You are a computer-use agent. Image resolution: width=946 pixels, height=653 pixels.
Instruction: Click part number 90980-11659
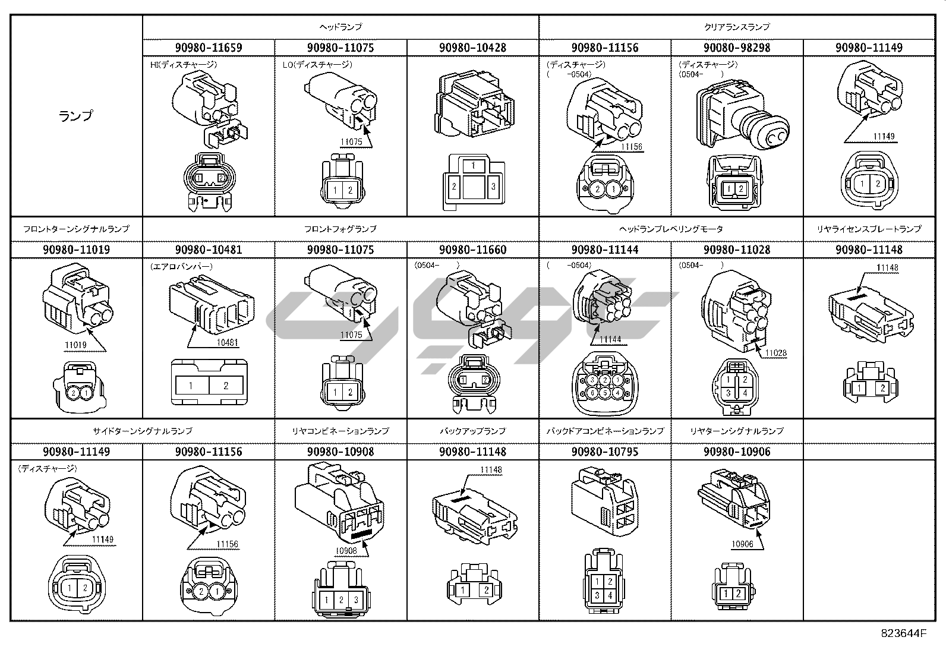208,48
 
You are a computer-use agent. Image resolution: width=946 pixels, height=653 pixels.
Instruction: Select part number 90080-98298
737,48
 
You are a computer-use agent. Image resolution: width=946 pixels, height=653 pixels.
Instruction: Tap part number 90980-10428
472,48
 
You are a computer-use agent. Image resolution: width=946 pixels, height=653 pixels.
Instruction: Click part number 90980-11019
76,250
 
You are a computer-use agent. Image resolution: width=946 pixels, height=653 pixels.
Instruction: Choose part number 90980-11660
472,250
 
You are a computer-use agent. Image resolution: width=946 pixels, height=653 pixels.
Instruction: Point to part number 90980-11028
737,250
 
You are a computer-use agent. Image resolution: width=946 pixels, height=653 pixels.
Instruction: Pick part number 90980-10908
340,452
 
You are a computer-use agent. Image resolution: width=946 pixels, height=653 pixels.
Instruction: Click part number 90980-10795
604,452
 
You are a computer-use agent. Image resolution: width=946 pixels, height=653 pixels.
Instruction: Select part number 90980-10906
737,452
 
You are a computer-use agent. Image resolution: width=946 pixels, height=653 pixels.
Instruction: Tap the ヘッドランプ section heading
340,27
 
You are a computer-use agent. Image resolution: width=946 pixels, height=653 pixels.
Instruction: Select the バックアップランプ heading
472,431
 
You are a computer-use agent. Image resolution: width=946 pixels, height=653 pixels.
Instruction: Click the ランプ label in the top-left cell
76,116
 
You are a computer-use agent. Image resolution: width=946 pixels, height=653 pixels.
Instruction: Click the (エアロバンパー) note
181,267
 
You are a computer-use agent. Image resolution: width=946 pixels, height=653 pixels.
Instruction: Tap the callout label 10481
227,343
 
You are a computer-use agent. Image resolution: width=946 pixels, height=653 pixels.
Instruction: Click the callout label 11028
775,353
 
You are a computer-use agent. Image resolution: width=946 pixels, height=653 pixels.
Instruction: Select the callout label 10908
346,550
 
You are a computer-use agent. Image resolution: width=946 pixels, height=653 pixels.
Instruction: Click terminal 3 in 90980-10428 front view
493,186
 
